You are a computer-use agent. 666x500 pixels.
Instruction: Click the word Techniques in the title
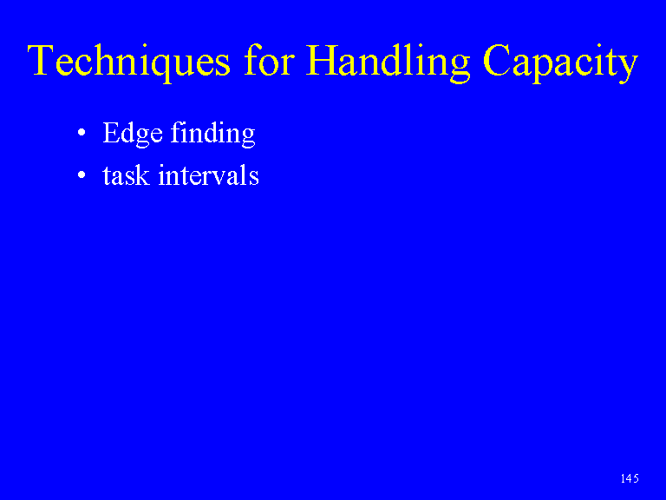pos(128,62)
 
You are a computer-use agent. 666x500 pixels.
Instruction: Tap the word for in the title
pos(269,60)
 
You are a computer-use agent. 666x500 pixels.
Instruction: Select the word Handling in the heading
pos(388,62)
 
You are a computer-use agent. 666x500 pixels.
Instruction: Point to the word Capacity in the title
pos(560,62)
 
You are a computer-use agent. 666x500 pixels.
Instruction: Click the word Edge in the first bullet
pos(133,134)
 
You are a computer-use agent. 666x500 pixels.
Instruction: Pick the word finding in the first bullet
pos(212,134)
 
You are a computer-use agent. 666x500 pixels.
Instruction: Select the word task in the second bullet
pos(126,174)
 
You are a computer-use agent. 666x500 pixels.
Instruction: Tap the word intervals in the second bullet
pos(208,174)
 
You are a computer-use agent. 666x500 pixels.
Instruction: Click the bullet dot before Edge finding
pos(82,133)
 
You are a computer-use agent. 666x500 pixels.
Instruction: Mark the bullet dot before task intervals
pos(82,174)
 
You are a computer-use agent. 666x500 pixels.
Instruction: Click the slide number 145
pos(630,478)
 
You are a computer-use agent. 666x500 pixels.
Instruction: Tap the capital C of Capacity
pos(497,60)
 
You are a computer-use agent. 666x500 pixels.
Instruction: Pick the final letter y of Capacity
pos(627,68)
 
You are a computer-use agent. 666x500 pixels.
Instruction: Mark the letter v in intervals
pos(223,178)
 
